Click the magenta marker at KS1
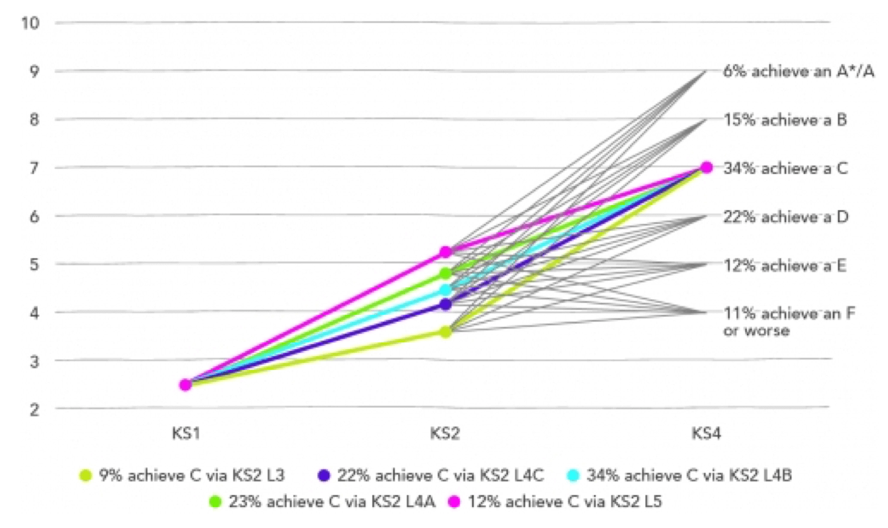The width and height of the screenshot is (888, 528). pos(185,385)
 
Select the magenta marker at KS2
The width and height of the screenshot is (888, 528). pos(445,252)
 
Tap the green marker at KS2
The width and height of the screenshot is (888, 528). pos(445,274)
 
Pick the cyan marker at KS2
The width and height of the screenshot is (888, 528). pos(445,290)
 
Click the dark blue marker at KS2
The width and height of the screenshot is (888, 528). pos(445,304)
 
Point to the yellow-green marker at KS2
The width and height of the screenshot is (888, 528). pos(445,331)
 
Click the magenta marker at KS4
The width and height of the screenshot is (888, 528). pos(706,167)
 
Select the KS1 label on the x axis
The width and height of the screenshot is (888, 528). pos(185,436)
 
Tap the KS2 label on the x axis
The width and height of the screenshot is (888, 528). pos(445,436)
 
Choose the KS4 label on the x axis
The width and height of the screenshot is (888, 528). pos(706,436)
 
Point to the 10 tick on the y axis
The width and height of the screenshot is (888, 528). pos(30,23)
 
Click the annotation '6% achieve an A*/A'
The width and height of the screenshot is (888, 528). pos(798,71)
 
